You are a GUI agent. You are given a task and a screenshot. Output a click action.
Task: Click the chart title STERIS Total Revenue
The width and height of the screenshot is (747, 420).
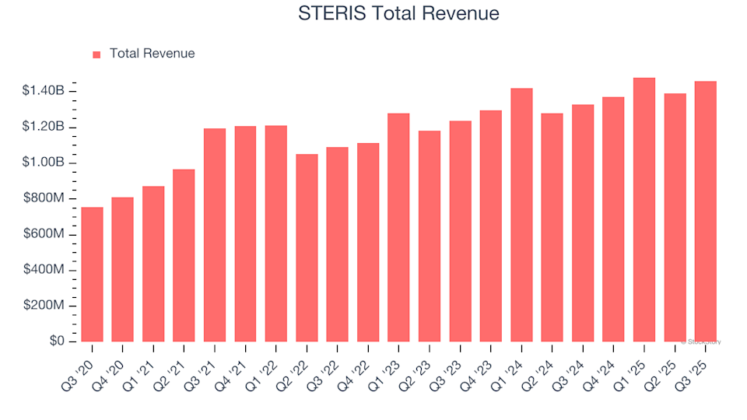[x=398, y=13]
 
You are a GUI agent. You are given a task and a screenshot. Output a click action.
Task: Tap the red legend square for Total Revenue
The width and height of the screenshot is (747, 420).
[x=96, y=54]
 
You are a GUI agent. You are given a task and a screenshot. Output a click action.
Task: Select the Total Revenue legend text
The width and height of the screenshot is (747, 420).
[x=152, y=54]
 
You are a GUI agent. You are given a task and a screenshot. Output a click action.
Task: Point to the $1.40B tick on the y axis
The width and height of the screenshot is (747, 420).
[x=44, y=92]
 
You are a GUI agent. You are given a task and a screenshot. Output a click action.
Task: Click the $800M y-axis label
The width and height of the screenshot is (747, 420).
[x=44, y=199]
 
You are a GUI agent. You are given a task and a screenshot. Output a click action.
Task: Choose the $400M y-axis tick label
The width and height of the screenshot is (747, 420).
[x=44, y=270]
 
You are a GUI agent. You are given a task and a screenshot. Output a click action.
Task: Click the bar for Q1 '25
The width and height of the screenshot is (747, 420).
[x=644, y=210]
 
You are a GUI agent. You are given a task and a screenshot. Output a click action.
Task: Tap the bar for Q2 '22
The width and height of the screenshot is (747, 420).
[x=307, y=248]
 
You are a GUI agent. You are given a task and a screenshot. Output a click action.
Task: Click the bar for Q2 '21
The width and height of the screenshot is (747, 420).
[x=184, y=256]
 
